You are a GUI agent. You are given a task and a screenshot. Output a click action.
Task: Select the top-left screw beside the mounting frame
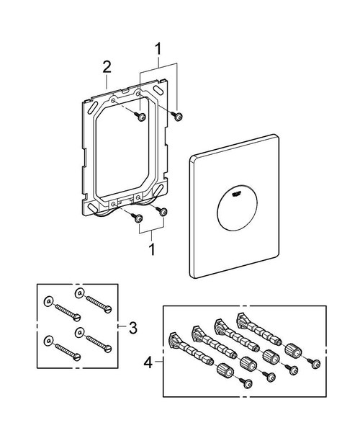pyautogui.click(x=143, y=116)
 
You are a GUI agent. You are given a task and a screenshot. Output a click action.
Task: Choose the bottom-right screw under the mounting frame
pyautogui.click(x=162, y=211)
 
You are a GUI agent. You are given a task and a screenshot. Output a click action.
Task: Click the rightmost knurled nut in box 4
pyautogui.click(x=292, y=350)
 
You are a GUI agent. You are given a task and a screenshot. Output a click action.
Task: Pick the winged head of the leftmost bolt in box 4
pyautogui.click(x=174, y=339)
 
